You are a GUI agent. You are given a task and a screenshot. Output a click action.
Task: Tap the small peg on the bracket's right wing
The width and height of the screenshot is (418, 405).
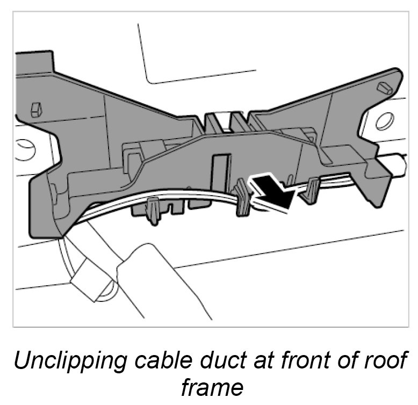click(x=385, y=87)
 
